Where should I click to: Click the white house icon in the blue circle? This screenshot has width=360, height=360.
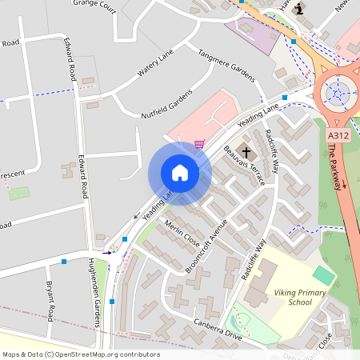click(180, 173)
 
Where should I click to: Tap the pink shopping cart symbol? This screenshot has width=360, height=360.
click(199, 144)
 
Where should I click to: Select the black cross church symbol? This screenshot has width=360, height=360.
click(246, 151)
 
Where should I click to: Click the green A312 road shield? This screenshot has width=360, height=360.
click(338, 137)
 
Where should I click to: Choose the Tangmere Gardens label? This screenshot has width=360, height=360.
click(224, 61)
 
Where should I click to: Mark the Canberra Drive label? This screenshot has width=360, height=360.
click(217, 330)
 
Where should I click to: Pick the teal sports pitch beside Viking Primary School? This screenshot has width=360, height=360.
click(324, 275)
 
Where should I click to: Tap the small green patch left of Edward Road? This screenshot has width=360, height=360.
click(19, 194)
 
